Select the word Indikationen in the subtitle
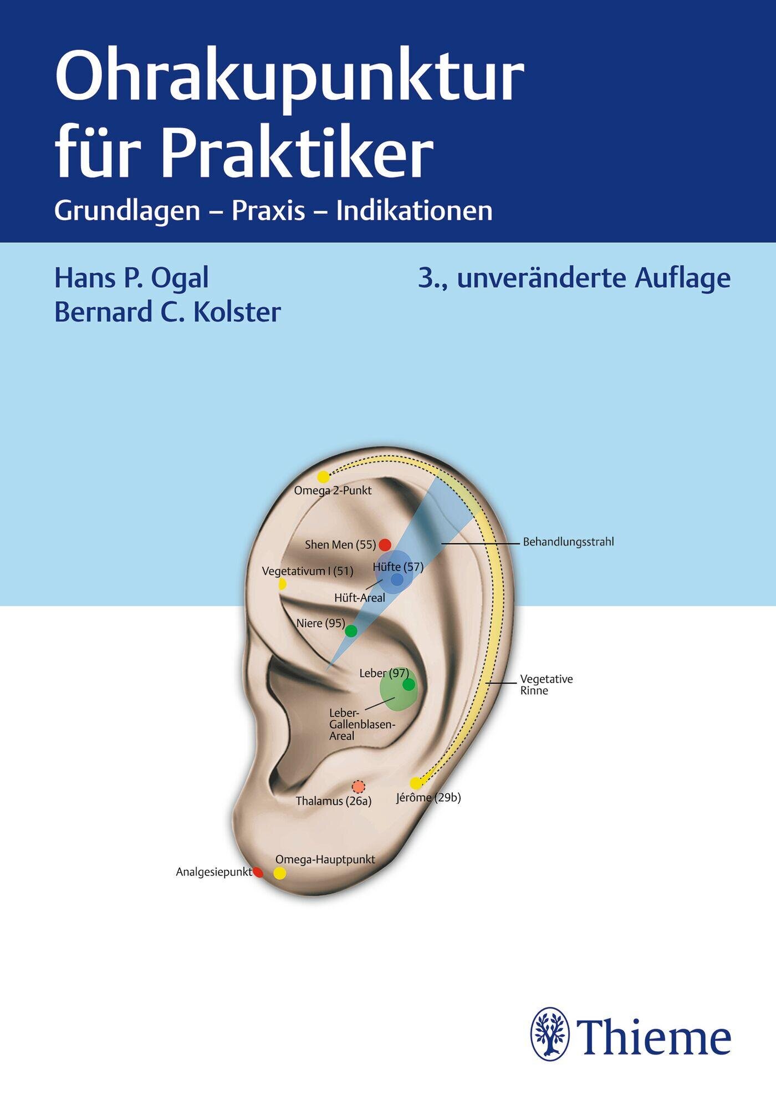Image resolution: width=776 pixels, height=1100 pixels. [415, 211]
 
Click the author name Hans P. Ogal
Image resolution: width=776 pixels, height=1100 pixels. [131, 279]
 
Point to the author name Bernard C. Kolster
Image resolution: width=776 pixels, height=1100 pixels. [167, 312]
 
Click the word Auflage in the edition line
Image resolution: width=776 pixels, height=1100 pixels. [682, 279]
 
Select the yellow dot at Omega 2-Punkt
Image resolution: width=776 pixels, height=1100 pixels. [323, 476]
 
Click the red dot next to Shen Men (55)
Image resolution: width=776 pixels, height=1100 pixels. [385, 544]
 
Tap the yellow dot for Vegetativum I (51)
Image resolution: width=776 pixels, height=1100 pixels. [283, 584]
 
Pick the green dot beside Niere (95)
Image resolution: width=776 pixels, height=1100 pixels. [351, 631]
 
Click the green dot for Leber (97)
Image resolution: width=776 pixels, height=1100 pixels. [409, 685]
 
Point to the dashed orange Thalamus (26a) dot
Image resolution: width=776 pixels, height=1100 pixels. [359, 786]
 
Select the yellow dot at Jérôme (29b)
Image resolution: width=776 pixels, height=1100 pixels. [416, 783]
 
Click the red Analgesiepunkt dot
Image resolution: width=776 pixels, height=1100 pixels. [258, 872]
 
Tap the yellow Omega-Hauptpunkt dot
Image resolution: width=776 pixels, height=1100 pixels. [280, 873]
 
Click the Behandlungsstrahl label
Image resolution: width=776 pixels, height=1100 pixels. [568, 542]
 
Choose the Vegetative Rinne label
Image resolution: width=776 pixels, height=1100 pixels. [546, 685]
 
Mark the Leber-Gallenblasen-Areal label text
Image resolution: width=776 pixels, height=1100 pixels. [362, 724]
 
